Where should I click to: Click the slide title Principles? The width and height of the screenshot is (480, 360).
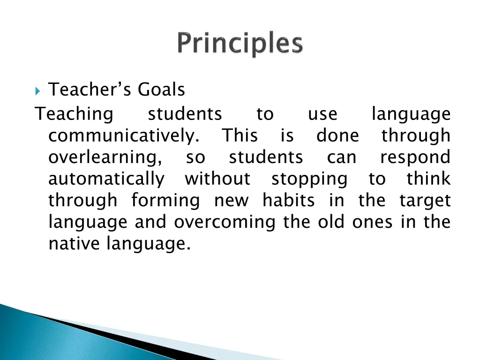click(x=240, y=45)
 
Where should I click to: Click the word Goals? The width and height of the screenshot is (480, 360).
click(x=161, y=89)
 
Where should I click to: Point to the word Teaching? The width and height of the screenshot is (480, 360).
click(x=75, y=114)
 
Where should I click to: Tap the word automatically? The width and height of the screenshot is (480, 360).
click(x=106, y=179)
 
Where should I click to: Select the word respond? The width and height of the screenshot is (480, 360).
click(x=415, y=157)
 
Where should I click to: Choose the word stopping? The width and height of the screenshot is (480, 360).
click(x=309, y=179)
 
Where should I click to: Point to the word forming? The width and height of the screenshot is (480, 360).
click(x=165, y=201)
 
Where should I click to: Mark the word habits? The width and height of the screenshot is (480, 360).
click(x=288, y=201)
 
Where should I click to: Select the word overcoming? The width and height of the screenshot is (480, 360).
click(x=225, y=222)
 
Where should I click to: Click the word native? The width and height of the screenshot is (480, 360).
click(x=75, y=244)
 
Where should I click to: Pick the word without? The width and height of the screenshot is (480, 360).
click(x=217, y=179)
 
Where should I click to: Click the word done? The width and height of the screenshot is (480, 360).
click(x=337, y=136)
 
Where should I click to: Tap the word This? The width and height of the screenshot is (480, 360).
click(x=240, y=136)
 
